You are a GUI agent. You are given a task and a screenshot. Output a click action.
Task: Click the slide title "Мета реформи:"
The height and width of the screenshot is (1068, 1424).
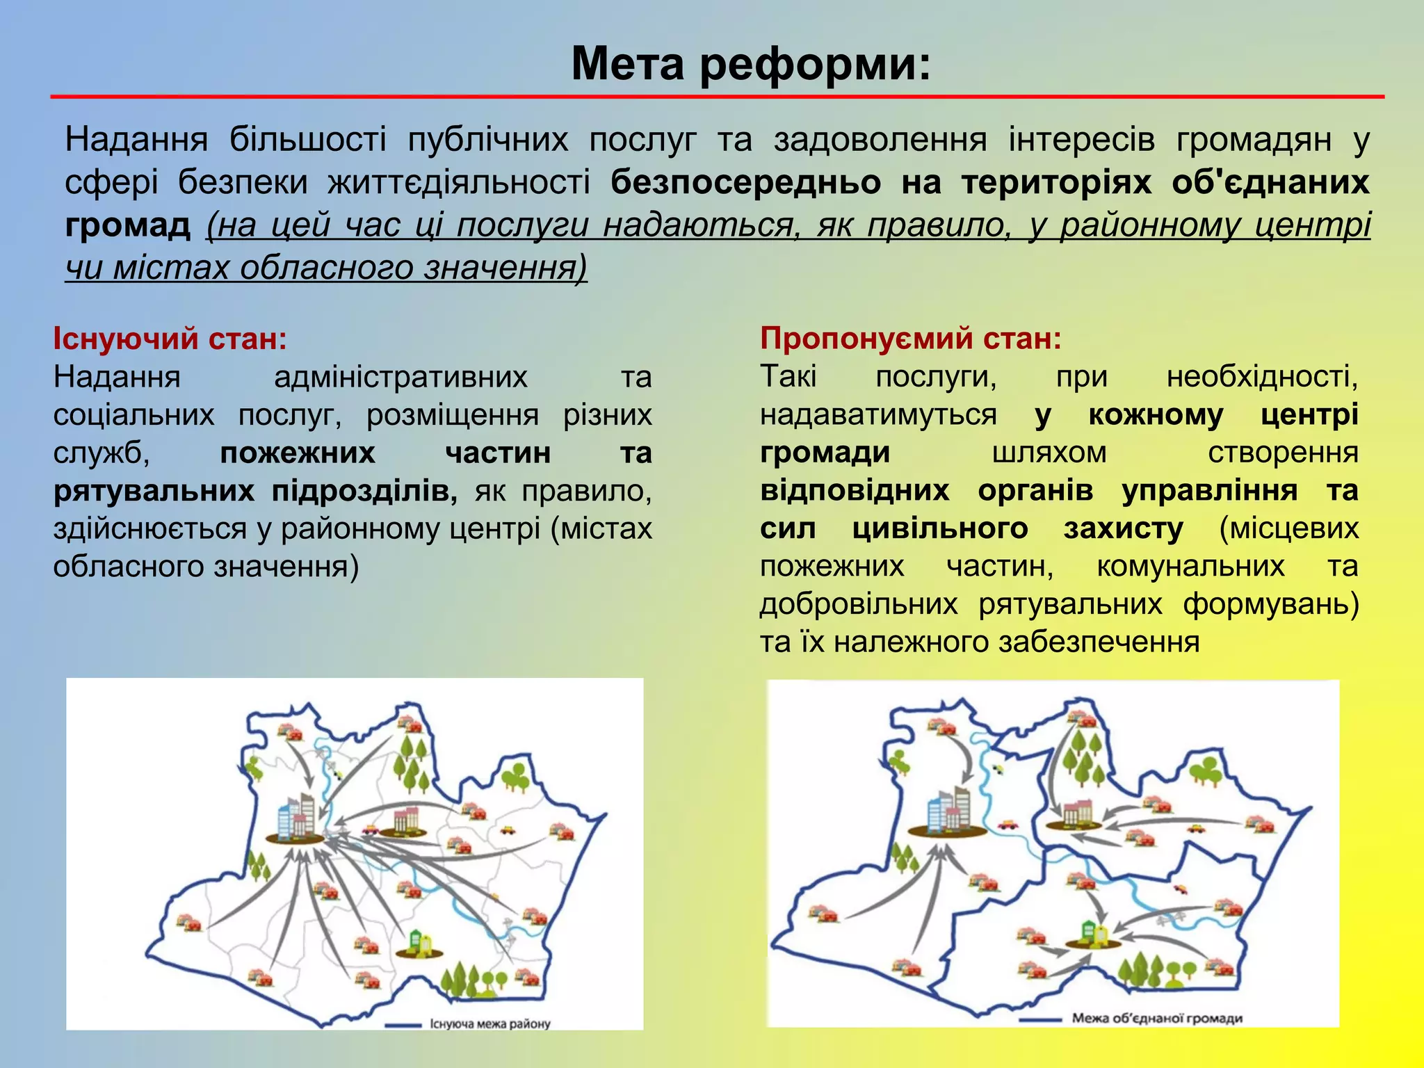tap(750, 64)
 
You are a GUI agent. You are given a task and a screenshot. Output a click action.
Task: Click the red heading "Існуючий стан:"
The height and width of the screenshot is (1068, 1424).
tap(170, 339)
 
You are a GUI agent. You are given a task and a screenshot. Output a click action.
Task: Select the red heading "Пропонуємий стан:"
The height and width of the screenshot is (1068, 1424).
tap(911, 339)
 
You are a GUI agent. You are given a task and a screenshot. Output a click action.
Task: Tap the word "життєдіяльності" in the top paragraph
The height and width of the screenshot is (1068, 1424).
tap(459, 182)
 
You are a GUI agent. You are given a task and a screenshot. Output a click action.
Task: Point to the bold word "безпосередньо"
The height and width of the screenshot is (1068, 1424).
tap(745, 182)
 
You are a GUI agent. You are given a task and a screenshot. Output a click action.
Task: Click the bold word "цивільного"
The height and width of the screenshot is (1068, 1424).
tap(940, 528)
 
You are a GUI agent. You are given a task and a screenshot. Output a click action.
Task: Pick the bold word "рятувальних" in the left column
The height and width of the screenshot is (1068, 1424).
tap(154, 491)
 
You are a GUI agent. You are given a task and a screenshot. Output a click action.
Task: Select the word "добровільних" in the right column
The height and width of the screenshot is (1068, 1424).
tap(859, 604)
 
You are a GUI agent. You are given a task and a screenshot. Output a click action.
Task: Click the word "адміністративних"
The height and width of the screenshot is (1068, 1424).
tap(400, 377)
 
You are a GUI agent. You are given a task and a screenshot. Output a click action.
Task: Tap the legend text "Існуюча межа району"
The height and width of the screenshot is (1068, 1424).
tap(490, 1023)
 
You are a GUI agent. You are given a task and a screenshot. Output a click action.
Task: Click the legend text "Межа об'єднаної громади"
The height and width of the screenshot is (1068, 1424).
tap(1157, 1019)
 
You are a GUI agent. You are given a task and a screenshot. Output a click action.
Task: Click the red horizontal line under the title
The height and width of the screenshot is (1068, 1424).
tap(716, 97)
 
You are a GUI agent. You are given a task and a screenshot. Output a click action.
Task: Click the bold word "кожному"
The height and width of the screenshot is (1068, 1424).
tap(1156, 415)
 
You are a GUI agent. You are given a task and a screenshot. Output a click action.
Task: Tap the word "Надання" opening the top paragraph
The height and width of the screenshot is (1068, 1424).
tap(136, 140)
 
